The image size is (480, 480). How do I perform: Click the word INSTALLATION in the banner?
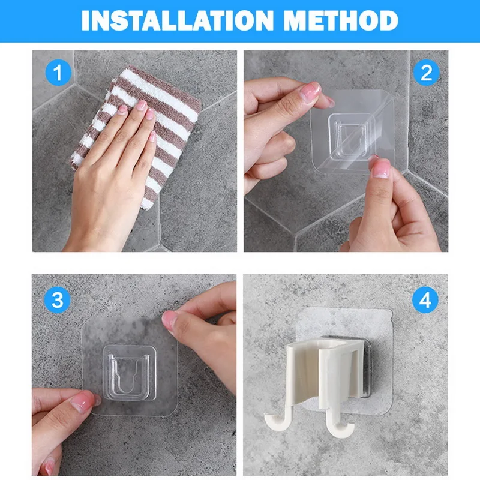click(177, 20)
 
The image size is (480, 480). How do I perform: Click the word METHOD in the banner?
click(340, 20)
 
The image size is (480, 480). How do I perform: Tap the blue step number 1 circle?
click(58, 73)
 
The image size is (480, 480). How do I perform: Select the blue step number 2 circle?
click(426, 73)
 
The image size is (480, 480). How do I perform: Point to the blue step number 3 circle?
click(57, 299)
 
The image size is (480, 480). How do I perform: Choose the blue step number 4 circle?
click(425, 299)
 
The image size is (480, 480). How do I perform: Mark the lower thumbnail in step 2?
click(381, 169)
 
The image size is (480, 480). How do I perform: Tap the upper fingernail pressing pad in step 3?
click(169, 320)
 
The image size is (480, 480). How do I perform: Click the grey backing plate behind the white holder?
click(366, 367)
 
